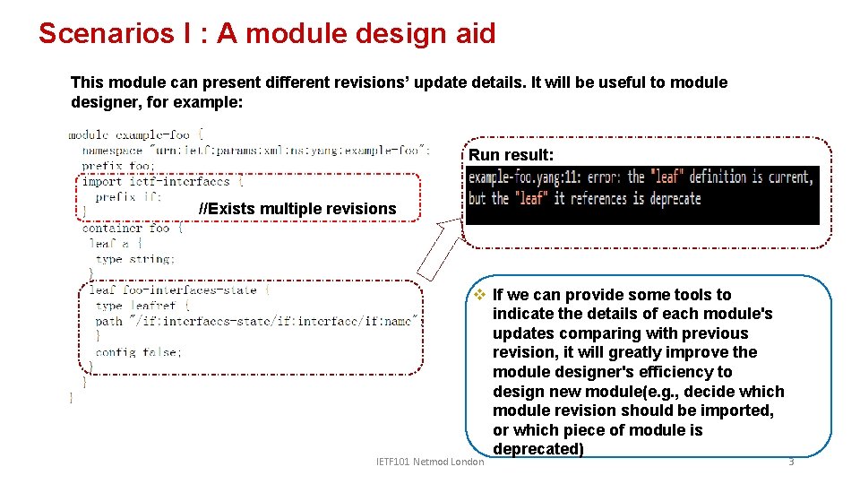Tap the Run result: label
pyautogui.click(x=504, y=155)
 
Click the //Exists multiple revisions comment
pyautogui.click(x=297, y=209)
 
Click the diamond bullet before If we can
pyautogui.click(x=479, y=295)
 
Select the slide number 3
pyautogui.click(x=791, y=461)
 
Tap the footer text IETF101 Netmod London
pyautogui.click(x=430, y=462)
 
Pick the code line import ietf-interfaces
pyautogui.click(x=156, y=181)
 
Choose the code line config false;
pyautogui.click(x=138, y=352)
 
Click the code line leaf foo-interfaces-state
pyautogui.click(x=179, y=290)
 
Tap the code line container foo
pyautogui.click(x=133, y=228)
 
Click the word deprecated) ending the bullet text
pyautogui.click(x=537, y=449)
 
